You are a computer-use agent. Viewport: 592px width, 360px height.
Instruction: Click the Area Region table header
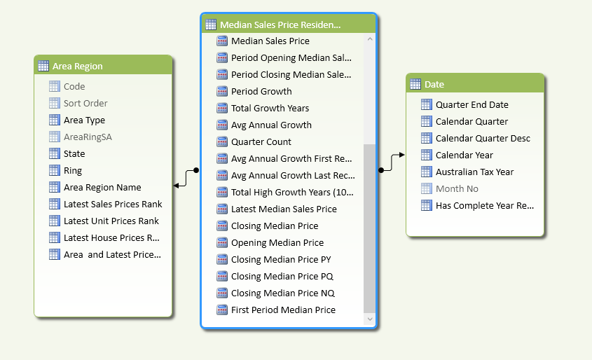[103, 66]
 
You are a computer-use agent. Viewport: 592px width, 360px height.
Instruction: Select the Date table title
[434, 84]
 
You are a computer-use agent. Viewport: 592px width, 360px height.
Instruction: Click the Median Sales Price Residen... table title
[280, 25]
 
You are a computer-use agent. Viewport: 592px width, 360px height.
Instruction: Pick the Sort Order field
[85, 103]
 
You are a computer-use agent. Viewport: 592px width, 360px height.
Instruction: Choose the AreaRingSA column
[88, 137]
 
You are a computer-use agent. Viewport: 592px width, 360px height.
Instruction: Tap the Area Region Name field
[102, 187]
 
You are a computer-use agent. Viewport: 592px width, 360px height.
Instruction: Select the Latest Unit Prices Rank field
[111, 221]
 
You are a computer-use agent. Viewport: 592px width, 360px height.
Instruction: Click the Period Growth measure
[261, 91]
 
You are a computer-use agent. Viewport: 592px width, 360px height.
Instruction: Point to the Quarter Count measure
[261, 142]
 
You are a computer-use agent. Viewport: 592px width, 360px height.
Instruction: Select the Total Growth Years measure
[270, 109]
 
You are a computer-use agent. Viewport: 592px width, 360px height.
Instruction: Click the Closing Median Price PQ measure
[282, 276]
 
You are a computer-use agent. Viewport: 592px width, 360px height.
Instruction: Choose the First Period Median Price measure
[283, 310]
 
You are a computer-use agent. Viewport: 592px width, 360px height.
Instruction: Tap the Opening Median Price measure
[277, 242]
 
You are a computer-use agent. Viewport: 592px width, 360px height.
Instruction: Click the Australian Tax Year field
[474, 172]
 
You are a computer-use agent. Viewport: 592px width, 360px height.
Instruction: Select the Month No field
[457, 188]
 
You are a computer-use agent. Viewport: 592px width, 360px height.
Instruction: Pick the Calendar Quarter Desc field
[483, 139]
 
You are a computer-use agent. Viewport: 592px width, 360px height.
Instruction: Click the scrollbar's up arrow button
[370, 39]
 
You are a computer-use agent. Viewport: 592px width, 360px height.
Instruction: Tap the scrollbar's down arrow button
[370, 319]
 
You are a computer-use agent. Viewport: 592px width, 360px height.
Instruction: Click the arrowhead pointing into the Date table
[401, 155]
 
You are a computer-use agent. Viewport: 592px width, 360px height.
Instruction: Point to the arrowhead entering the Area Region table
[177, 186]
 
